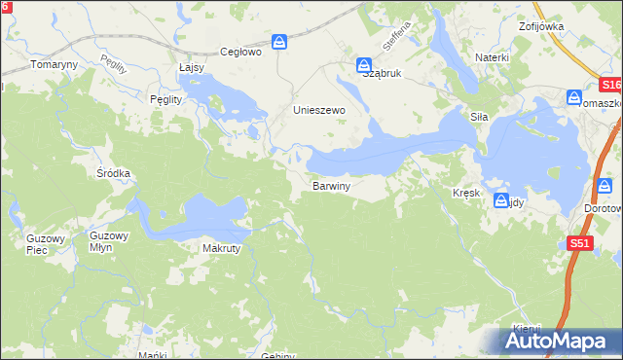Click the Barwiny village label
click(x=331, y=184)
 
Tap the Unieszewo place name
click(x=320, y=111)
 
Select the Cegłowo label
click(x=241, y=53)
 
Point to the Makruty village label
click(x=221, y=248)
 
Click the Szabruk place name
click(x=382, y=73)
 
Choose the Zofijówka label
click(x=541, y=26)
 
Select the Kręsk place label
click(x=466, y=194)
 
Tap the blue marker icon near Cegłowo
click(x=279, y=42)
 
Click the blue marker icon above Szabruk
click(x=362, y=61)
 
